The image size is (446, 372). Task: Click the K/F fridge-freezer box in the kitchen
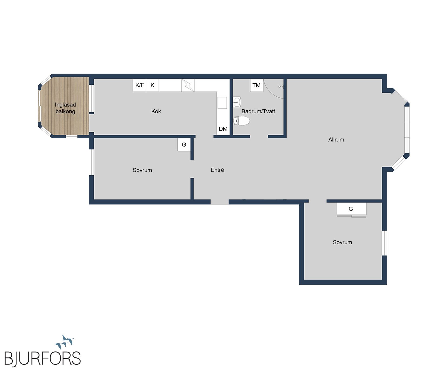(x=139, y=85)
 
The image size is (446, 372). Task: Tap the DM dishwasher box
(x=223, y=129)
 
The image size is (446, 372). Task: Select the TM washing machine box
(x=257, y=85)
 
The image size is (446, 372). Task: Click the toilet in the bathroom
(x=241, y=121)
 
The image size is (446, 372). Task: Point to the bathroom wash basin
(x=237, y=102)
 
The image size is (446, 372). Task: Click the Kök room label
(x=156, y=111)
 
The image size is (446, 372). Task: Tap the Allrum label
(x=336, y=140)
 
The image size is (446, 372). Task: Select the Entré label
(x=217, y=170)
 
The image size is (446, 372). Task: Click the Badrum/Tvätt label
(x=258, y=111)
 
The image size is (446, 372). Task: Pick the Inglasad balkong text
(x=65, y=108)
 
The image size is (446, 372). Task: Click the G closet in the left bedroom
(x=184, y=145)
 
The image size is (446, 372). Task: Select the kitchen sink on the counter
(x=222, y=103)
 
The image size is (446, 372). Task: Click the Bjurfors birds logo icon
(x=65, y=342)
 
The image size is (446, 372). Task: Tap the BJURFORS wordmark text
(x=42, y=359)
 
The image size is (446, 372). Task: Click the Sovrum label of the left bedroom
(x=142, y=170)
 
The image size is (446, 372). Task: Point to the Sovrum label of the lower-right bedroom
(x=342, y=242)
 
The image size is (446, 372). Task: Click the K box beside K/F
(x=152, y=85)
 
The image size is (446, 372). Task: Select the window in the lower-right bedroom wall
(x=384, y=243)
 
